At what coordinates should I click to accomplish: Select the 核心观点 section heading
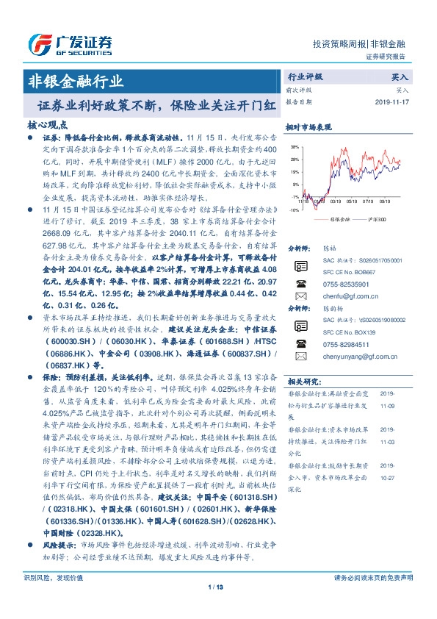pos(46,124)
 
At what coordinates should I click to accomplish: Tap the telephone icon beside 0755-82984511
pos(300,344)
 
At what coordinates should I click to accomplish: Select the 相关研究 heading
pos(302,382)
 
